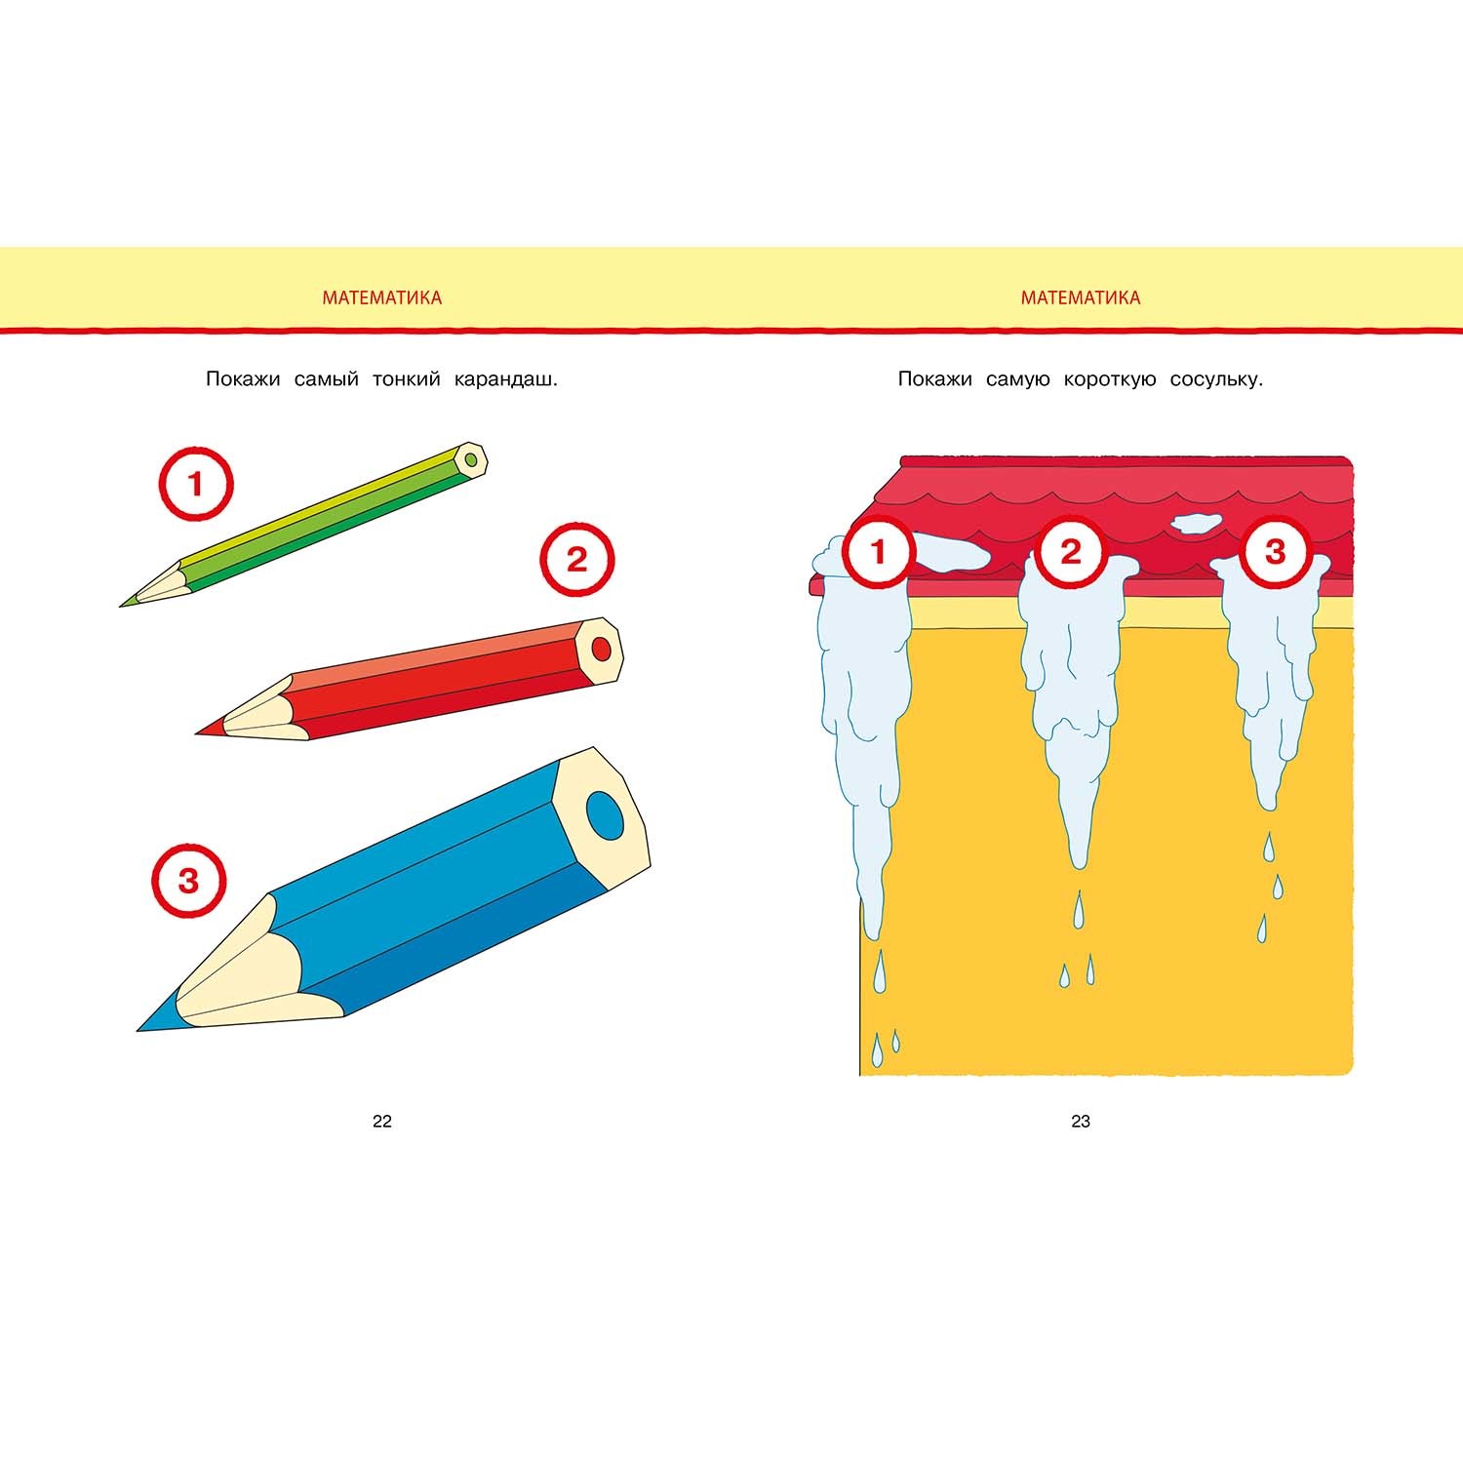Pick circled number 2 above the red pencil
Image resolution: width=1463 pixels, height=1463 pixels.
coord(576,560)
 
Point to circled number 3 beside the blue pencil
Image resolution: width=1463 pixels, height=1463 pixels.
coord(188,882)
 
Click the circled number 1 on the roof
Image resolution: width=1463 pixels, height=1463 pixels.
coord(878,552)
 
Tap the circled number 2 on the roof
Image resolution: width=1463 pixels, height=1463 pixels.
coord(1071,552)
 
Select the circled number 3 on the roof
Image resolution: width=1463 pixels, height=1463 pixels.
coord(1274,552)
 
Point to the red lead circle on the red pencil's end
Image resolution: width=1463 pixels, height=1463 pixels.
coord(602,648)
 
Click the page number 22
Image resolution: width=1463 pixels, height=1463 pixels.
coord(382,1122)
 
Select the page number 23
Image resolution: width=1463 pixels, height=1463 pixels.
coord(1081,1122)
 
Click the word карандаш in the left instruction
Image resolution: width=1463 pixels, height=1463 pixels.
coord(505,379)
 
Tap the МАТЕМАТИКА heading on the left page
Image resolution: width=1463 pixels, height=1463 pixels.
coord(381,298)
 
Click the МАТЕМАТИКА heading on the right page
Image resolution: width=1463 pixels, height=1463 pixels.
coord(1081,298)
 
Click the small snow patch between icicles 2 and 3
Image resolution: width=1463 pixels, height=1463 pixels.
coord(1196,523)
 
